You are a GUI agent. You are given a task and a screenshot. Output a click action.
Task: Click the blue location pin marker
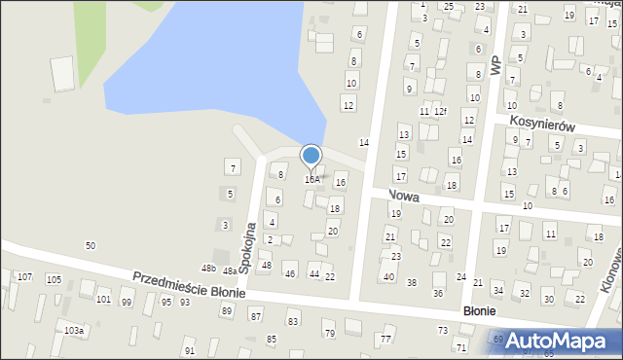[311, 157]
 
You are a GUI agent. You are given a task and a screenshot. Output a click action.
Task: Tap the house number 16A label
[311, 180]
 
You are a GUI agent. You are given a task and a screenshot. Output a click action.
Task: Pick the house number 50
[91, 245]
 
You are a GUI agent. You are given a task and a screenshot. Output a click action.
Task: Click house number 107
[24, 278]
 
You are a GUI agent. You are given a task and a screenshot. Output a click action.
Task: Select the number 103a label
[75, 332]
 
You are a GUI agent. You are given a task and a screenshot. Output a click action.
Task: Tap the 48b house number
[208, 268]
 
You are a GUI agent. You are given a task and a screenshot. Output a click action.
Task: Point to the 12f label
[440, 112]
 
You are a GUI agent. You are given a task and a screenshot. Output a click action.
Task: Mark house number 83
[292, 321]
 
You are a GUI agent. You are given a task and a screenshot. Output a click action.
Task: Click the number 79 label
[329, 334]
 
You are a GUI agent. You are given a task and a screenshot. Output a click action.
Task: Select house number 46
[289, 274]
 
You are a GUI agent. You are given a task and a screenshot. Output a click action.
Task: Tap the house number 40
[388, 277]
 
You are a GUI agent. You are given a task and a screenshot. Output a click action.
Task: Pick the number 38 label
[412, 283]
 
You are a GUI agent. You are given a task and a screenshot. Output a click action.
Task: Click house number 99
[127, 303]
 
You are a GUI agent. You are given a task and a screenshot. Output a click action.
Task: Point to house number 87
[256, 317]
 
